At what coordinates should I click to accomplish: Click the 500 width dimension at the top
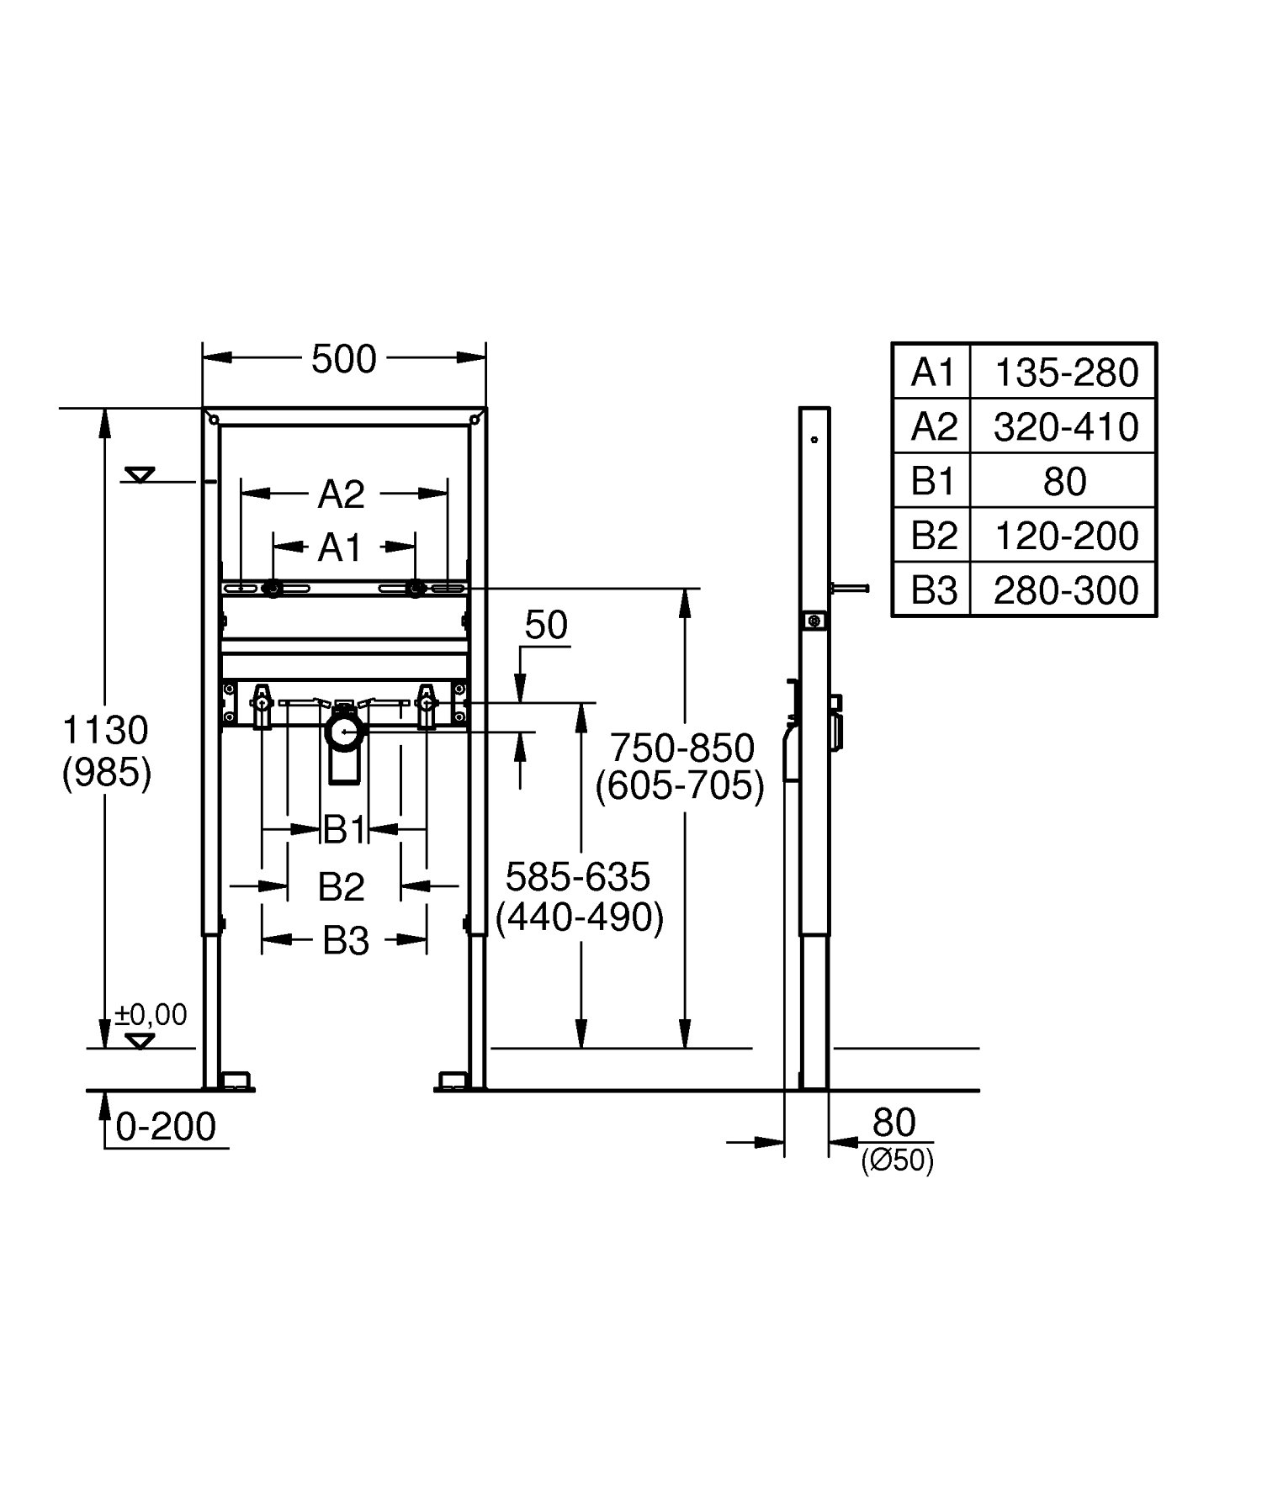point(343,360)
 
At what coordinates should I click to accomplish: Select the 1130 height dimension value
point(106,731)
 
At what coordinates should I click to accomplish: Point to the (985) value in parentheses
point(107,773)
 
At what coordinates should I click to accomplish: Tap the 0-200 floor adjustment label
point(166,1127)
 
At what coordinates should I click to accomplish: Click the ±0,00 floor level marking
point(151,1015)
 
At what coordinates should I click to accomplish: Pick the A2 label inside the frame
point(341,494)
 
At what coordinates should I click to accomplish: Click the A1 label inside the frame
point(339,548)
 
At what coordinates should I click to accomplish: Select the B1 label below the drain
point(344,831)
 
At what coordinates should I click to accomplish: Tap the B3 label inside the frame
point(346,942)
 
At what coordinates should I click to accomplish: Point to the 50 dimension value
point(546,626)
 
